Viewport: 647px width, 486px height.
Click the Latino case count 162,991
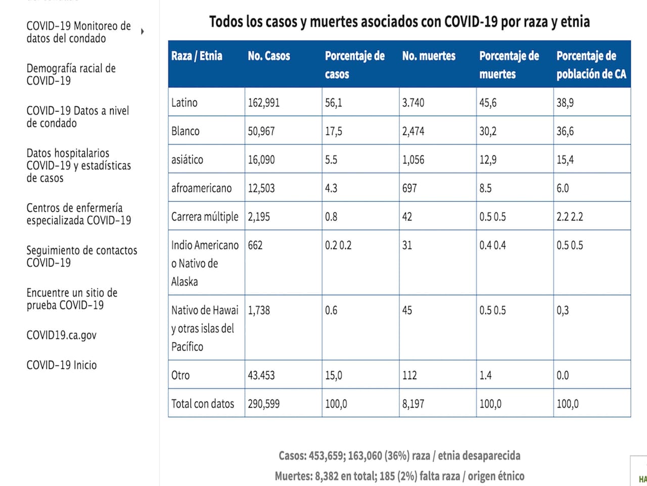click(263, 103)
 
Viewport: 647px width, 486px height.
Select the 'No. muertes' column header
click(429, 56)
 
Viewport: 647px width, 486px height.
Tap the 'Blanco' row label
click(186, 131)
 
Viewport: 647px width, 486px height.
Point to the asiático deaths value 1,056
click(413, 160)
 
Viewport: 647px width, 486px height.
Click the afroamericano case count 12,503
click(261, 188)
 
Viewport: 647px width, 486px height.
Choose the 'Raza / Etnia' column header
click(197, 56)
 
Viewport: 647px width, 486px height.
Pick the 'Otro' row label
click(180, 375)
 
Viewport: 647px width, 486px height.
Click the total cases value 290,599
click(263, 404)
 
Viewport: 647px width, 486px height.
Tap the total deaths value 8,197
click(413, 404)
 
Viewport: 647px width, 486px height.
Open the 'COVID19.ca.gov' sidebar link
click(61, 335)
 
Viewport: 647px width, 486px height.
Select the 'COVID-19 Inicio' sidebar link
click(61, 365)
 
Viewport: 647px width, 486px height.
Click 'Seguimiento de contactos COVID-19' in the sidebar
click(81, 256)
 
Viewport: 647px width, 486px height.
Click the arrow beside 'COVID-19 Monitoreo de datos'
click(143, 31)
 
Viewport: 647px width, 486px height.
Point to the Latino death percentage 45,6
click(488, 103)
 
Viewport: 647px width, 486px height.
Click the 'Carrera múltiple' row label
click(205, 217)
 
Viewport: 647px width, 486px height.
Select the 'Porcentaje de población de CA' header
click(591, 65)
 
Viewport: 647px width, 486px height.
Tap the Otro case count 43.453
click(261, 375)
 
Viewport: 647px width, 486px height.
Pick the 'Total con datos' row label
click(203, 404)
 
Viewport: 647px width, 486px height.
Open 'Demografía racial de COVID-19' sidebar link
click(71, 74)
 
